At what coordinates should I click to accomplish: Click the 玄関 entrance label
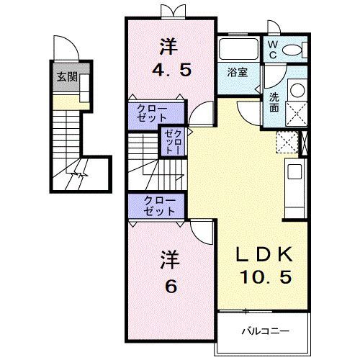click(68, 78)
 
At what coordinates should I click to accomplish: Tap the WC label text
click(272, 50)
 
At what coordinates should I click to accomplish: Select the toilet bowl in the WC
click(291, 50)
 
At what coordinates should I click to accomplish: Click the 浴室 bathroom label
click(238, 72)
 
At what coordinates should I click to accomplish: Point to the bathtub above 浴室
click(239, 49)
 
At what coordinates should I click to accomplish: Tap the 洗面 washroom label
click(274, 102)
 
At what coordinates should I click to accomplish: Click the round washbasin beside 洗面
click(297, 90)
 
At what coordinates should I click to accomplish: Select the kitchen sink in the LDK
click(294, 171)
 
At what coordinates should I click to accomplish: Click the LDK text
click(264, 254)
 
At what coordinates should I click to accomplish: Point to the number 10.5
click(266, 276)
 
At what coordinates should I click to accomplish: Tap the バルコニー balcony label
click(265, 332)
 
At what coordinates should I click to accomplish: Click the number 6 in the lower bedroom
click(171, 286)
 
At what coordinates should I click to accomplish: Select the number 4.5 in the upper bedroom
click(172, 70)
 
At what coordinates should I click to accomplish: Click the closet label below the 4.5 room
click(152, 114)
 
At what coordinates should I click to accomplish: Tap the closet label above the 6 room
click(160, 206)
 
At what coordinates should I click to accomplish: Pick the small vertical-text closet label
click(174, 143)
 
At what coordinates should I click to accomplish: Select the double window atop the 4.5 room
click(174, 12)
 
